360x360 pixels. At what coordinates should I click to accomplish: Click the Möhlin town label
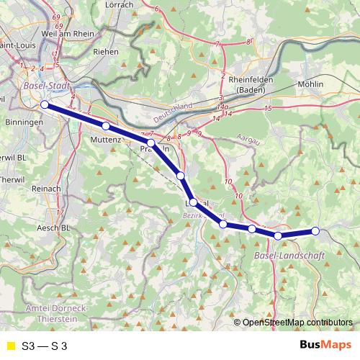point(310,84)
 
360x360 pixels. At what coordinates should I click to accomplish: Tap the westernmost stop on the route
point(45,105)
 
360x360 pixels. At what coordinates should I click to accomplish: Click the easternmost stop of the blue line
point(315,231)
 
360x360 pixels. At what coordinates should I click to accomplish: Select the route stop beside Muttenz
point(106,127)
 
